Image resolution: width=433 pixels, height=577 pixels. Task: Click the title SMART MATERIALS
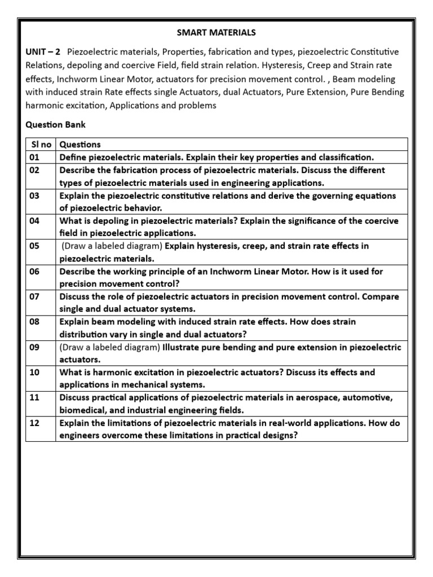[217, 33]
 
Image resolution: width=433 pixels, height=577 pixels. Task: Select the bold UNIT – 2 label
[43, 52]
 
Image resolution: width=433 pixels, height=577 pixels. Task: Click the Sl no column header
[41, 144]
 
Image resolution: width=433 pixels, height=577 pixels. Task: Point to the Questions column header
[79, 144]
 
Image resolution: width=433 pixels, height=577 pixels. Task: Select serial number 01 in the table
[34, 157]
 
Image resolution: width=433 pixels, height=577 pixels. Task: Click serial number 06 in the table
[34, 272]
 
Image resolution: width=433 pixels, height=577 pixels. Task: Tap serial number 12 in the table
[34, 423]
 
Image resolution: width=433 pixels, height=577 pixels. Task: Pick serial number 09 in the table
[34, 348]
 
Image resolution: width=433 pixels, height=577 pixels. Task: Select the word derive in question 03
[293, 196]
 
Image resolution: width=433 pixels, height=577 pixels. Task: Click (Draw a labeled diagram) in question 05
[112, 246]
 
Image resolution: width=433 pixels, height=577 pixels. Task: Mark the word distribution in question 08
[81, 334]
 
